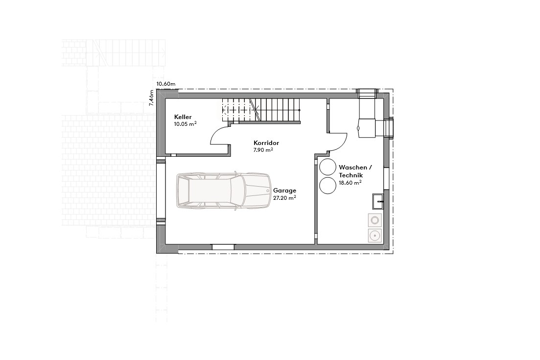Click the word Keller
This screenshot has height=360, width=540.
click(x=183, y=117)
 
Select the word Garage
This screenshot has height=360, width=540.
click(x=284, y=191)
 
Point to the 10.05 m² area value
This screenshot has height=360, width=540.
click(x=185, y=124)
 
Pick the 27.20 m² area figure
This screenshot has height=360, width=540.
click(x=284, y=198)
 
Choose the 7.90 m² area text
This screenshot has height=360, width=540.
click(x=262, y=150)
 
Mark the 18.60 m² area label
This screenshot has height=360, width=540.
click(x=350, y=182)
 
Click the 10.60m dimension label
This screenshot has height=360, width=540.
click(x=166, y=84)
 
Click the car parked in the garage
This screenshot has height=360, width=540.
click(x=223, y=191)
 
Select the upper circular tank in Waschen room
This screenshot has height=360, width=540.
click(x=327, y=166)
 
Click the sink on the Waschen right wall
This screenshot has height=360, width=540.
click(x=378, y=200)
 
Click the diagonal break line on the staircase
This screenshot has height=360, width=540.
click(x=256, y=110)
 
